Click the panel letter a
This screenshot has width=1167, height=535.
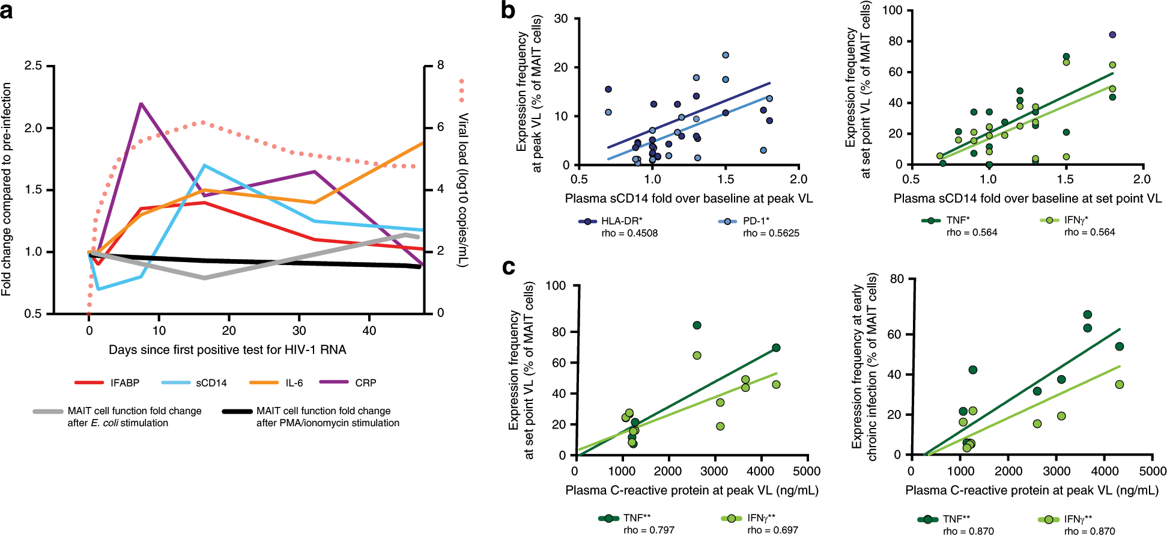[x=7, y=11]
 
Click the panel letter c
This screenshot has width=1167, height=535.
[x=508, y=266]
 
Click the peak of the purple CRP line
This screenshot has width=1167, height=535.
[x=141, y=103]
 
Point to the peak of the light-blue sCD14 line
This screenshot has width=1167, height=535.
[x=205, y=165]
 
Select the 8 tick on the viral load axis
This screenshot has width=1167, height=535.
[x=440, y=65]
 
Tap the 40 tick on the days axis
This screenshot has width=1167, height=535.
[x=369, y=331]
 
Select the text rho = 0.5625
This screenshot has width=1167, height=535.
[x=771, y=233]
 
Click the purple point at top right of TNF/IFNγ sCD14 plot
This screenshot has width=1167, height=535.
[x=1112, y=35]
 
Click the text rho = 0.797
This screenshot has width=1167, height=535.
[x=649, y=530]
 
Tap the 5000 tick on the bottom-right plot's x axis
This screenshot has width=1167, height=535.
[x=1153, y=471]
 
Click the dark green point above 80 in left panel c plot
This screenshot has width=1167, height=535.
[x=697, y=325]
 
